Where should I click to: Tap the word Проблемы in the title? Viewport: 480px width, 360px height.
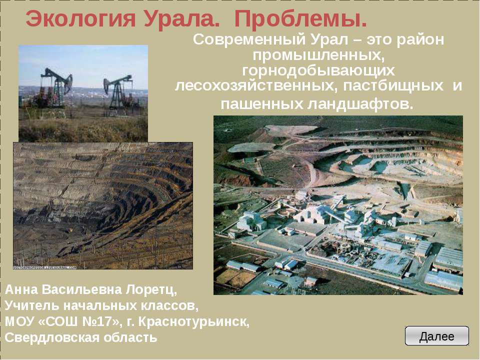click(x=300, y=19)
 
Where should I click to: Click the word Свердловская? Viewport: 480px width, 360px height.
click(x=47, y=337)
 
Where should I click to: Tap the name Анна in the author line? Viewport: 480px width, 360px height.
click(x=20, y=290)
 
